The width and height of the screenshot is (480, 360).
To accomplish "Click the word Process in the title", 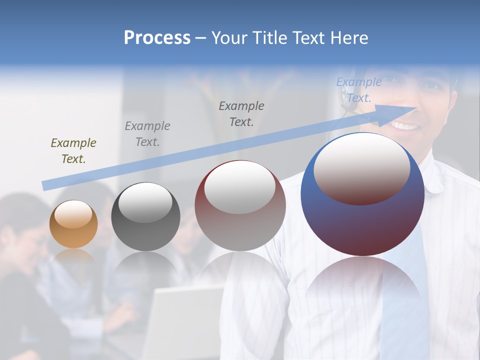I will click(157, 38).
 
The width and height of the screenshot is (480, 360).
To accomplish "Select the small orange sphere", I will click(73, 224).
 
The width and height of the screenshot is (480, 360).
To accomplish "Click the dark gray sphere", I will click(145, 216).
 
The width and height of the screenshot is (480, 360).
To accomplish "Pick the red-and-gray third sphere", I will click(240, 205).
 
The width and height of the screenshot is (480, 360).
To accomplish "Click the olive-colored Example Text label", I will click(73, 150).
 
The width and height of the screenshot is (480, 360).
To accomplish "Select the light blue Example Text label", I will click(358, 89).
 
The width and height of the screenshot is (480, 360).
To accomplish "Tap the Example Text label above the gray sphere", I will click(147, 133).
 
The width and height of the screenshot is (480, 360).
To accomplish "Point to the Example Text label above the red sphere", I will click(241, 113).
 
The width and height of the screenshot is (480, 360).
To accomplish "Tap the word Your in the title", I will click(231, 38).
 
